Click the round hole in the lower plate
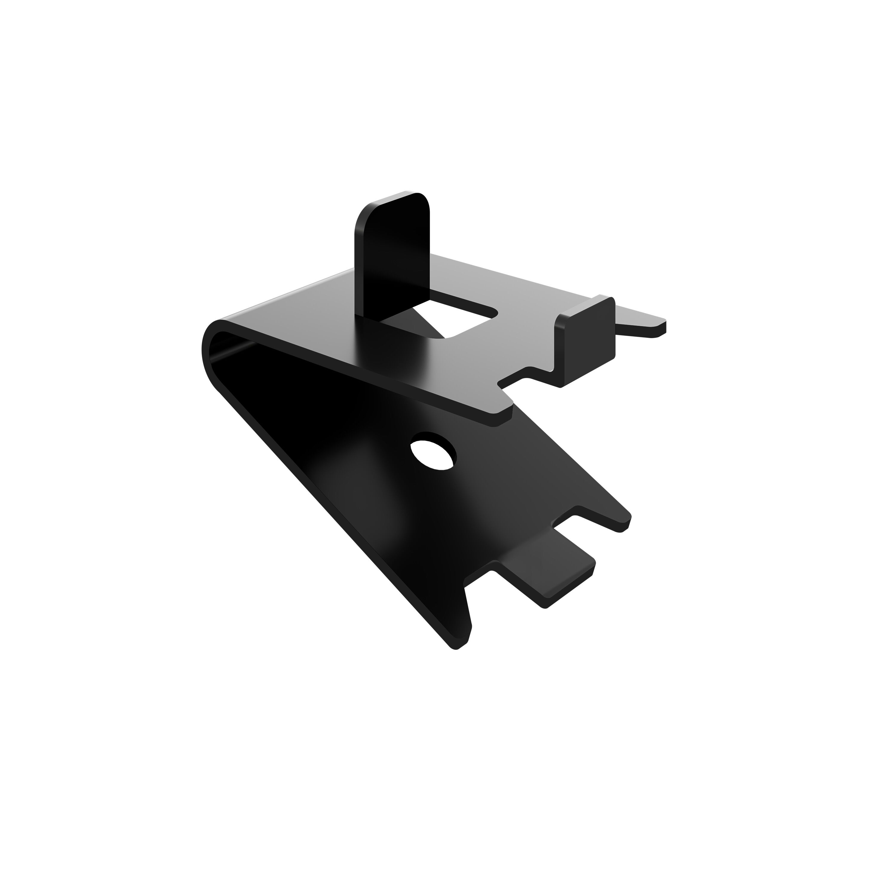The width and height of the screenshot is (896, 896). (433, 451)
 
